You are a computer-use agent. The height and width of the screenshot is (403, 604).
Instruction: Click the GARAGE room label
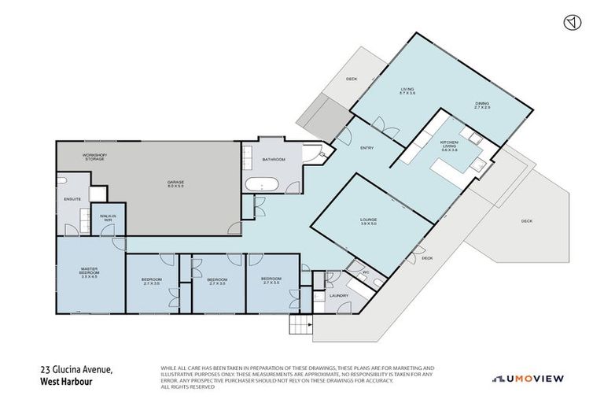(x=175, y=184)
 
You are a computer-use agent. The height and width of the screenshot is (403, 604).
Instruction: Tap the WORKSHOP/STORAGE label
(x=95, y=157)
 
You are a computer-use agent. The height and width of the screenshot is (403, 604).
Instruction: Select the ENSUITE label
(x=72, y=198)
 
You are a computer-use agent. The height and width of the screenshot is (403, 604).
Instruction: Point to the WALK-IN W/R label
(x=108, y=219)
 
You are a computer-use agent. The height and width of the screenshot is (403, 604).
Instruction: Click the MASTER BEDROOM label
(x=88, y=272)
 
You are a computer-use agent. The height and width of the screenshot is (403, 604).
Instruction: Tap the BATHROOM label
(x=273, y=160)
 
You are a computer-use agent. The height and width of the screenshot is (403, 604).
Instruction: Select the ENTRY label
(x=366, y=148)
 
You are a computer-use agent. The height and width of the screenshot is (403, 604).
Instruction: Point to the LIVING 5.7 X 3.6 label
(x=407, y=91)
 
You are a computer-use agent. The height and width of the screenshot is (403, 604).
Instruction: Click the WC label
(x=365, y=272)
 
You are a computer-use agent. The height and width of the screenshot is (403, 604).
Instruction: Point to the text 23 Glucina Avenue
(x=77, y=369)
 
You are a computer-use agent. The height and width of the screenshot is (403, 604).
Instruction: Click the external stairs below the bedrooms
(x=300, y=324)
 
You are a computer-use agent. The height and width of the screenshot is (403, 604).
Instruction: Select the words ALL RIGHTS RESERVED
(x=187, y=387)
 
